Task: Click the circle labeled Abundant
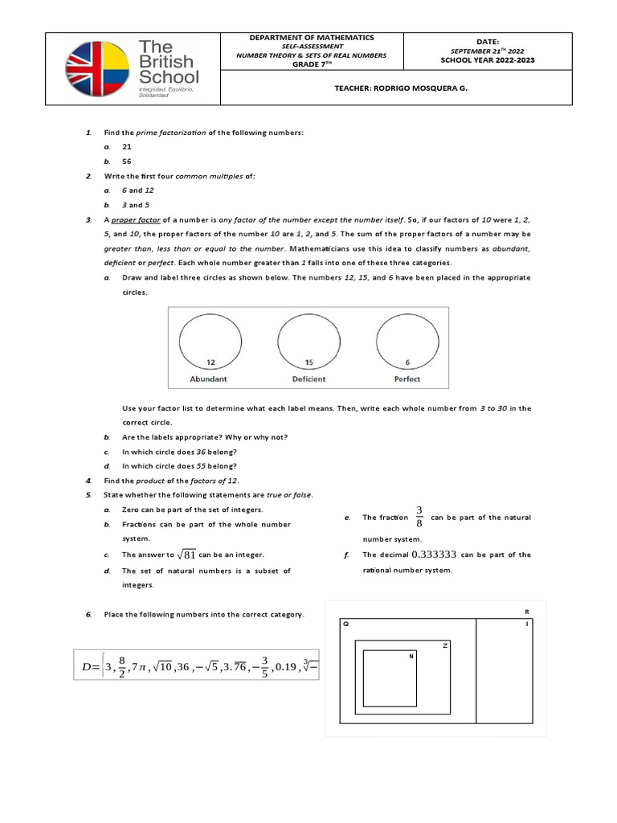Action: coord(208,342)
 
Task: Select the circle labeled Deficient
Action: coord(308,342)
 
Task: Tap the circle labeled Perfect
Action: coord(407,342)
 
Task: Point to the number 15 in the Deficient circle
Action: coord(308,362)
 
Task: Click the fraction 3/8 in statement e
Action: coord(419,517)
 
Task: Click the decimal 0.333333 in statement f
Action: coord(434,555)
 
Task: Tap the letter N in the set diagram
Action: coord(411,657)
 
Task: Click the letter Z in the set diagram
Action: coord(443,645)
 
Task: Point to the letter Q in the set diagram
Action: coord(346,622)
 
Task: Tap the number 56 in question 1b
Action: coord(127,162)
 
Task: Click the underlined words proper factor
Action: coord(135,219)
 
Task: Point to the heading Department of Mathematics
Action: coord(311,38)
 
